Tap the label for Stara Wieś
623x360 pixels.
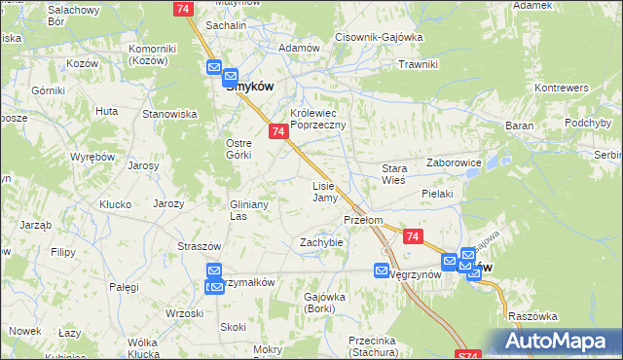tap(393, 174)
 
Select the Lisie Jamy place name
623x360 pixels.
tap(324, 192)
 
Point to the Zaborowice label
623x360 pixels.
tap(455, 164)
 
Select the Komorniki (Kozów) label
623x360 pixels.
tap(150, 54)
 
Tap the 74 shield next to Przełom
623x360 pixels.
tap(413, 236)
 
